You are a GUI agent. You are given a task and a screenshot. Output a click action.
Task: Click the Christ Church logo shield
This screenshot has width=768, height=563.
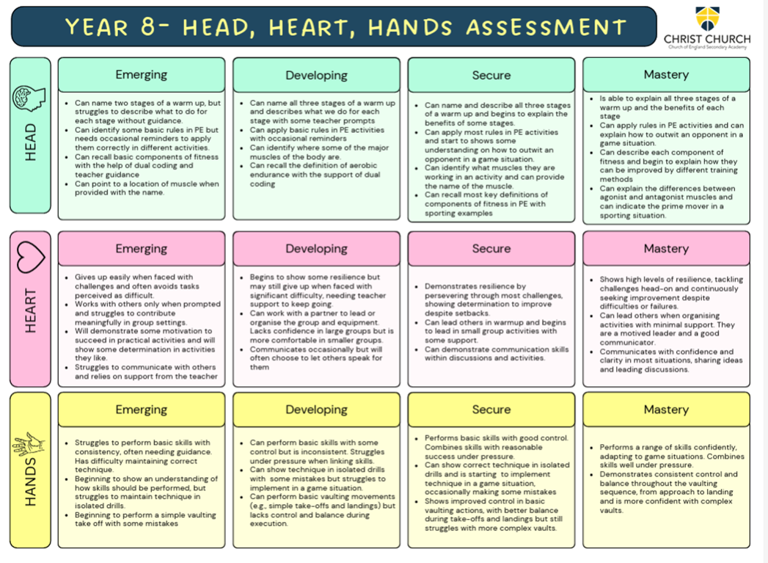pyautogui.click(x=706, y=18)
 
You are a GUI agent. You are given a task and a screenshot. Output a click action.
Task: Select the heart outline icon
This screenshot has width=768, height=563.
pyautogui.click(x=30, y=256)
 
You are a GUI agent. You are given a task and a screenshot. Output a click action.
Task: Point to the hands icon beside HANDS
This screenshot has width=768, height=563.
pyautogui.click(x=29, y=445)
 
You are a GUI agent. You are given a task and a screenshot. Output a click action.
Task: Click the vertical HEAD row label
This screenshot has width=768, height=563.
pyautogui.click(x=30, y=144)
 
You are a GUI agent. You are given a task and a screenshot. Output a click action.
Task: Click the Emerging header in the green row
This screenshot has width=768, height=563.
pyautogui.click(x=142, y=75)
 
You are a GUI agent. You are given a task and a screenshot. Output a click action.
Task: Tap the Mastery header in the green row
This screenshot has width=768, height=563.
pyautogui.click(x=666, y=75)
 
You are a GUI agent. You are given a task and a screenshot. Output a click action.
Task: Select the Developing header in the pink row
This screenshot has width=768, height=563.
pyautogui.click(x=316, y=249)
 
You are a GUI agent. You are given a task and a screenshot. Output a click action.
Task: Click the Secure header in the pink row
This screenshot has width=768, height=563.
pyautogui.click(x=491, y=249)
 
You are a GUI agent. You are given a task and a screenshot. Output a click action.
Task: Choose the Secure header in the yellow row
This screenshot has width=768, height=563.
pyautogui.click(x=491, y=410)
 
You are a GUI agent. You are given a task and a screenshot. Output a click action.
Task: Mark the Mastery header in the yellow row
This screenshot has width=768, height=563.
pyautogui.click(x=666, y=410)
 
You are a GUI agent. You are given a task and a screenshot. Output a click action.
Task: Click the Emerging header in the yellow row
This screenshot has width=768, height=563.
pyautogui.click(x=142, y=410)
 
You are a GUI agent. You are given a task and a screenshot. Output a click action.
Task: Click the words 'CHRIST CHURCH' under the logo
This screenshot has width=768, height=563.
pyautogui.click(x=706, y=39)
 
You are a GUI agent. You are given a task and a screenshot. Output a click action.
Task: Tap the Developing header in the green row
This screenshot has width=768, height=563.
pyautogui.click(x=316, y=75)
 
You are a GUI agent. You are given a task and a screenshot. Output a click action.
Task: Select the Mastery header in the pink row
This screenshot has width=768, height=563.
pyautogui.click(x=666, y=249)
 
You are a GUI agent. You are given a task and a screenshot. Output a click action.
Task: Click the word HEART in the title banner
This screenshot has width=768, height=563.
pyautogui.click(x=312, y=27)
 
